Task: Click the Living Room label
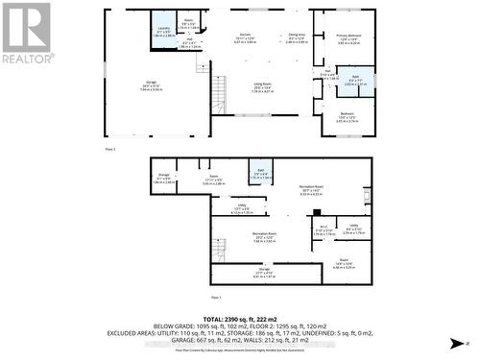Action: tap(261, 86)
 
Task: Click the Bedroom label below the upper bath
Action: tap(348, 117)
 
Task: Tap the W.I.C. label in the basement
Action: tap(324, 230)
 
